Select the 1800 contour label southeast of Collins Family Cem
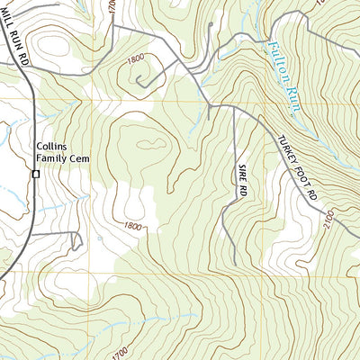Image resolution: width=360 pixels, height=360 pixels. (x=132, y=226)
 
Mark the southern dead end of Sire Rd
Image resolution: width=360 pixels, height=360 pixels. (x=235, y=265)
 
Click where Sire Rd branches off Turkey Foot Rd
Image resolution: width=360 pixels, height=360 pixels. (x=233, y=107)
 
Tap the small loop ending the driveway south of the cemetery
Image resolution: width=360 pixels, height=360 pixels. (x=76, y=241)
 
